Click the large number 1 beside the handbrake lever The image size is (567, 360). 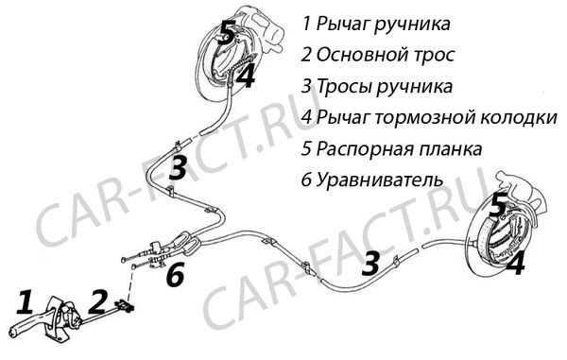tap(26, 301)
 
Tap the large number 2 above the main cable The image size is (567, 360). tap(97, 301)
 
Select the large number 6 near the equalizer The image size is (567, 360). tap(176, 274)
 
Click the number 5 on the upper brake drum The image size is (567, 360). tap(228, 32)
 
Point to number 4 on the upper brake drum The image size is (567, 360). tap(246, 76)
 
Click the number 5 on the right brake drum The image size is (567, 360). tap(498, 205)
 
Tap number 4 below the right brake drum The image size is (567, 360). tap(515, 263)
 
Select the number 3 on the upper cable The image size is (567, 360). tap(178, 167)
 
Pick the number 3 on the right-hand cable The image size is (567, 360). tap(370, 263)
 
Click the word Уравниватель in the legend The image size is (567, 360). tap(380, 180)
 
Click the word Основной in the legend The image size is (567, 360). tap(357, 55)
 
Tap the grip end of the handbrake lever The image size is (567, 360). tap(14, 330)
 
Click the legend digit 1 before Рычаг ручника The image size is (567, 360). tap(306, 24)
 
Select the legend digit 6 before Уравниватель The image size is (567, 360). tap(306, 180)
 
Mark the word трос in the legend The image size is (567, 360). tap(429, 56)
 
